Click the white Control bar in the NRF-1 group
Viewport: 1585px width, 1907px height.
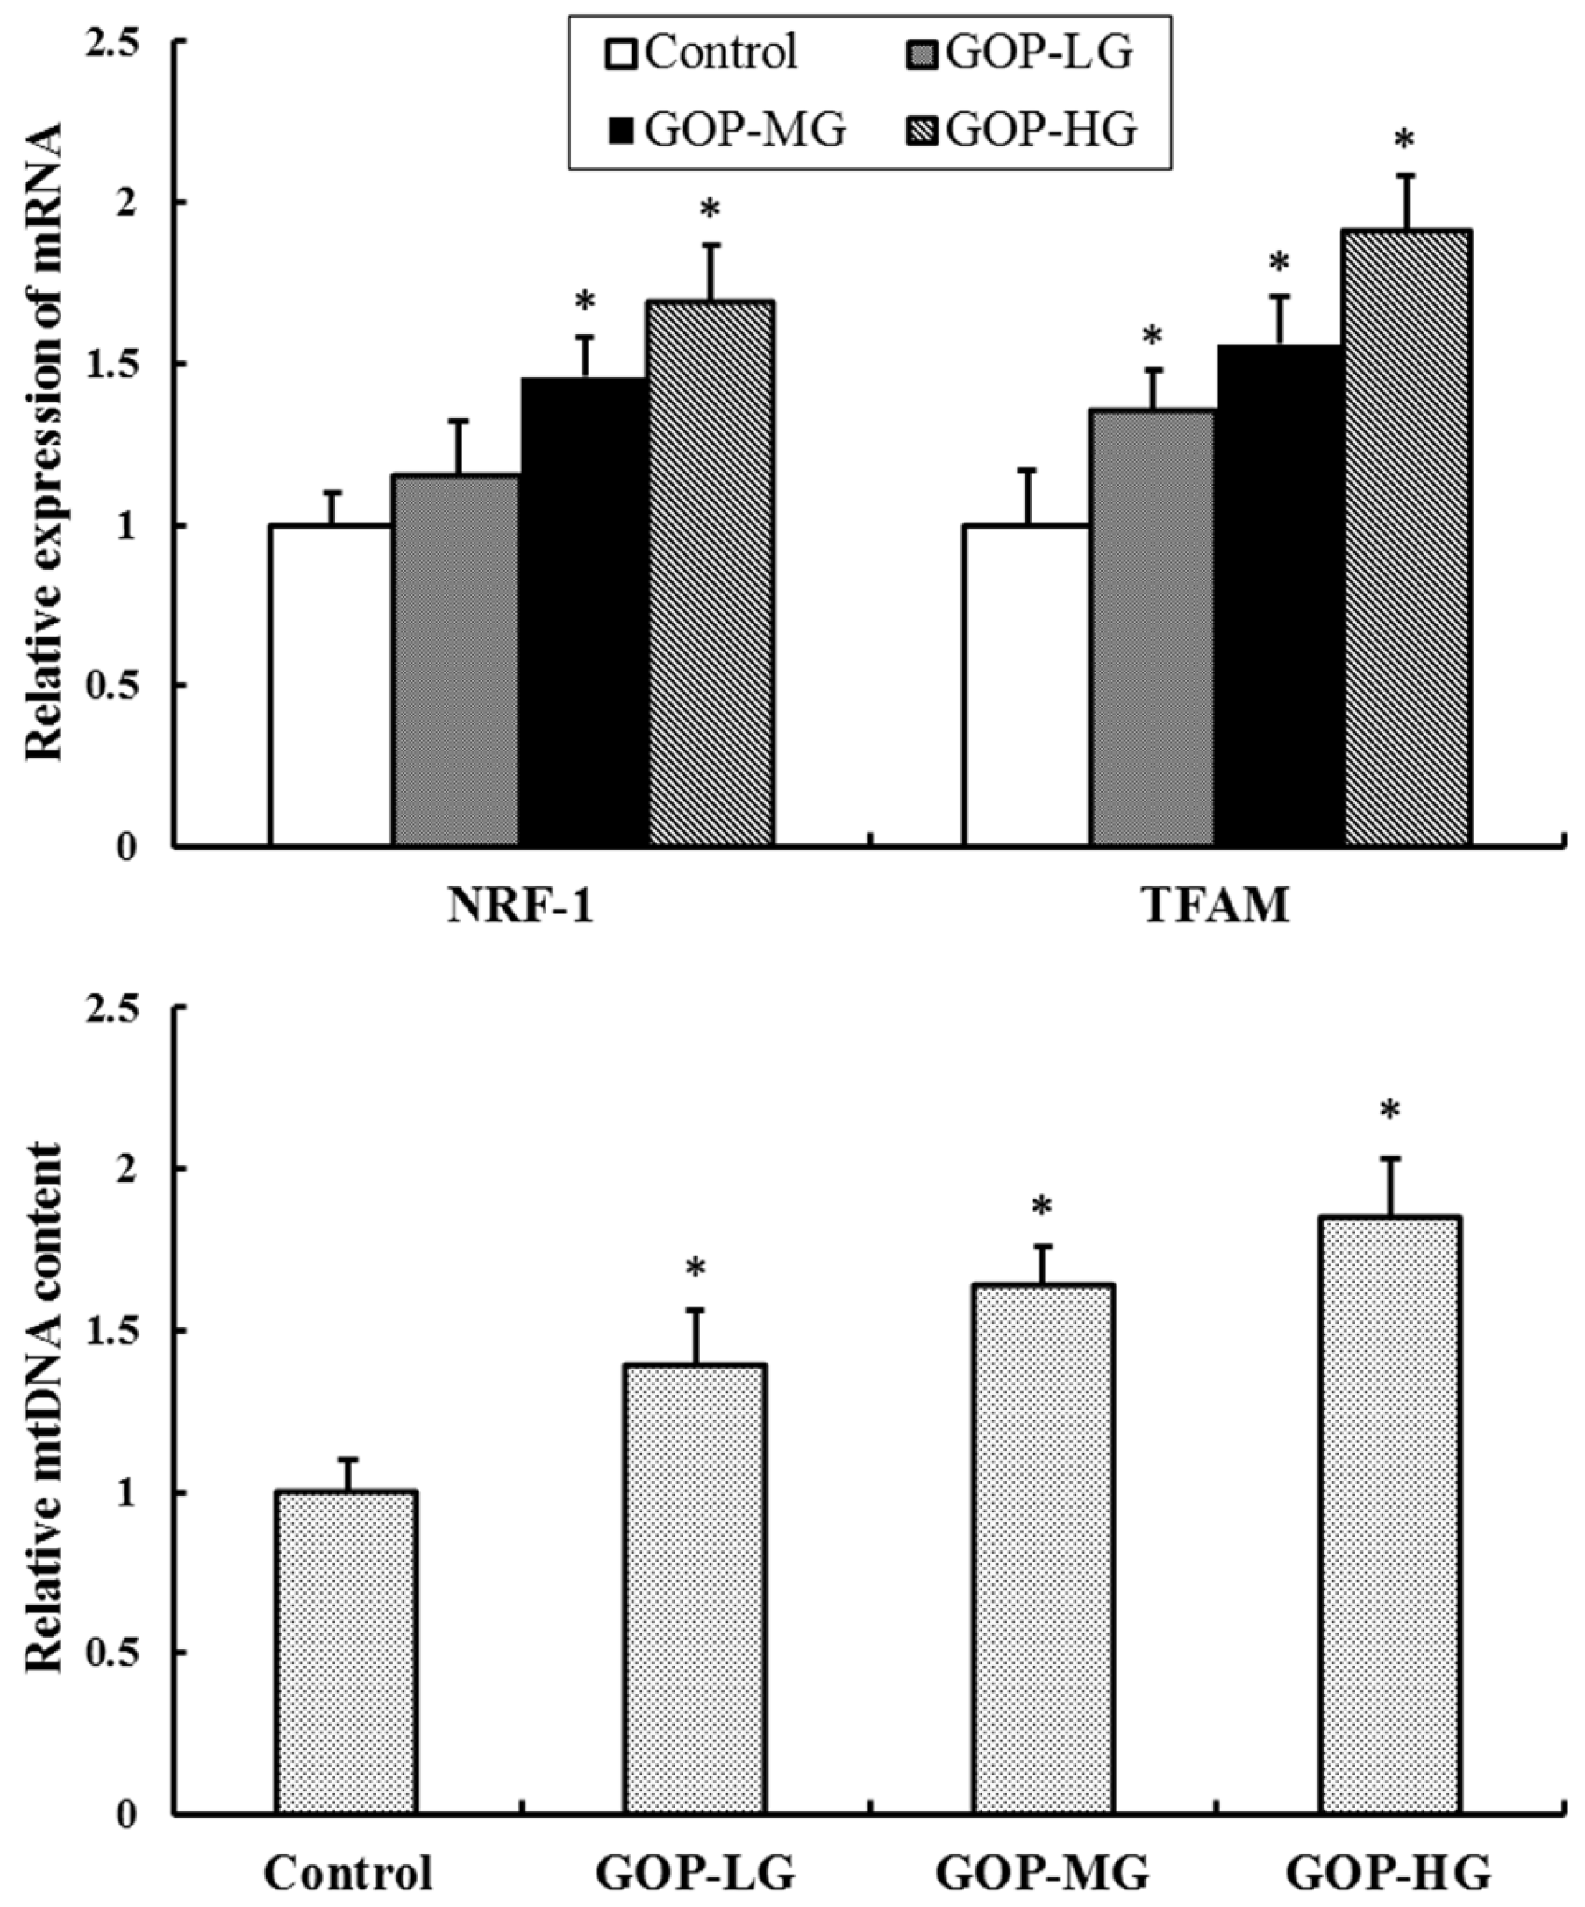(x=331, y=686)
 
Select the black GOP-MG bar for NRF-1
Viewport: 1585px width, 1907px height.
(x=585, y=613)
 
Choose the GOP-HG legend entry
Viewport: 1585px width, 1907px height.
(x=1021, y=131)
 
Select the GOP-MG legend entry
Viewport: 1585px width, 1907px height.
(x=725, y=131)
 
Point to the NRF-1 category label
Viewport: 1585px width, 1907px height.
(x=520, y=907)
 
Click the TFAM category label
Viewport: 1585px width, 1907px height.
(x=1216, y=907)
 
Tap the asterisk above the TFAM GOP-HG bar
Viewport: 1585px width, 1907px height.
(x=1405, y=142)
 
